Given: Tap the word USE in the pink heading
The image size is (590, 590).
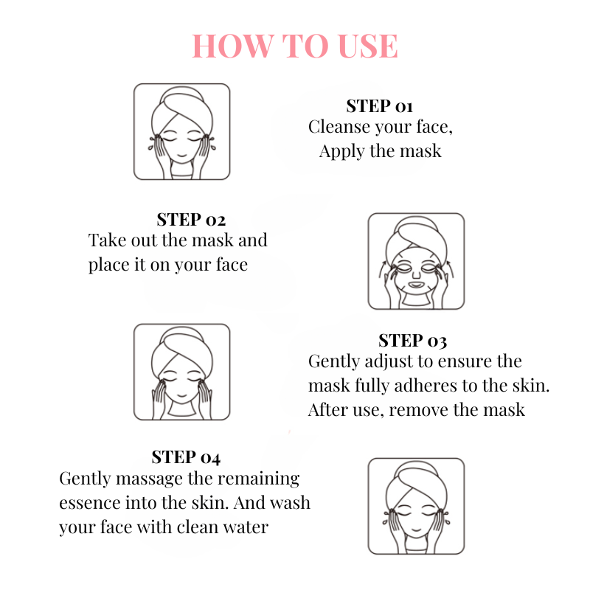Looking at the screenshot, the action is click(367, 46).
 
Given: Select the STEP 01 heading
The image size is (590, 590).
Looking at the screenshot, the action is click(380, 106).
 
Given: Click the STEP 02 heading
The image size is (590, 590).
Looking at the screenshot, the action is click(191, 220).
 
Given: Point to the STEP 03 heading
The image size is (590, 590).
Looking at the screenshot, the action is click(413, 341).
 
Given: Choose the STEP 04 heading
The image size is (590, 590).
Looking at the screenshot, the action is click(186, 457).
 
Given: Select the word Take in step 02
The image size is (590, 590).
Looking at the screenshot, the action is click(107, 240).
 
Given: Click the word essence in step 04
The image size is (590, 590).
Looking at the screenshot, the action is click(89, 503).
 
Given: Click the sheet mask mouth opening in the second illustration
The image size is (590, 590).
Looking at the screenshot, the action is click(416, 285).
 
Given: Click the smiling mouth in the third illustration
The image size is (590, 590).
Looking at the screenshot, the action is click(182, 395).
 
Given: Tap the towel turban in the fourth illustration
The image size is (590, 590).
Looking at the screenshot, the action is click(417, 485).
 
